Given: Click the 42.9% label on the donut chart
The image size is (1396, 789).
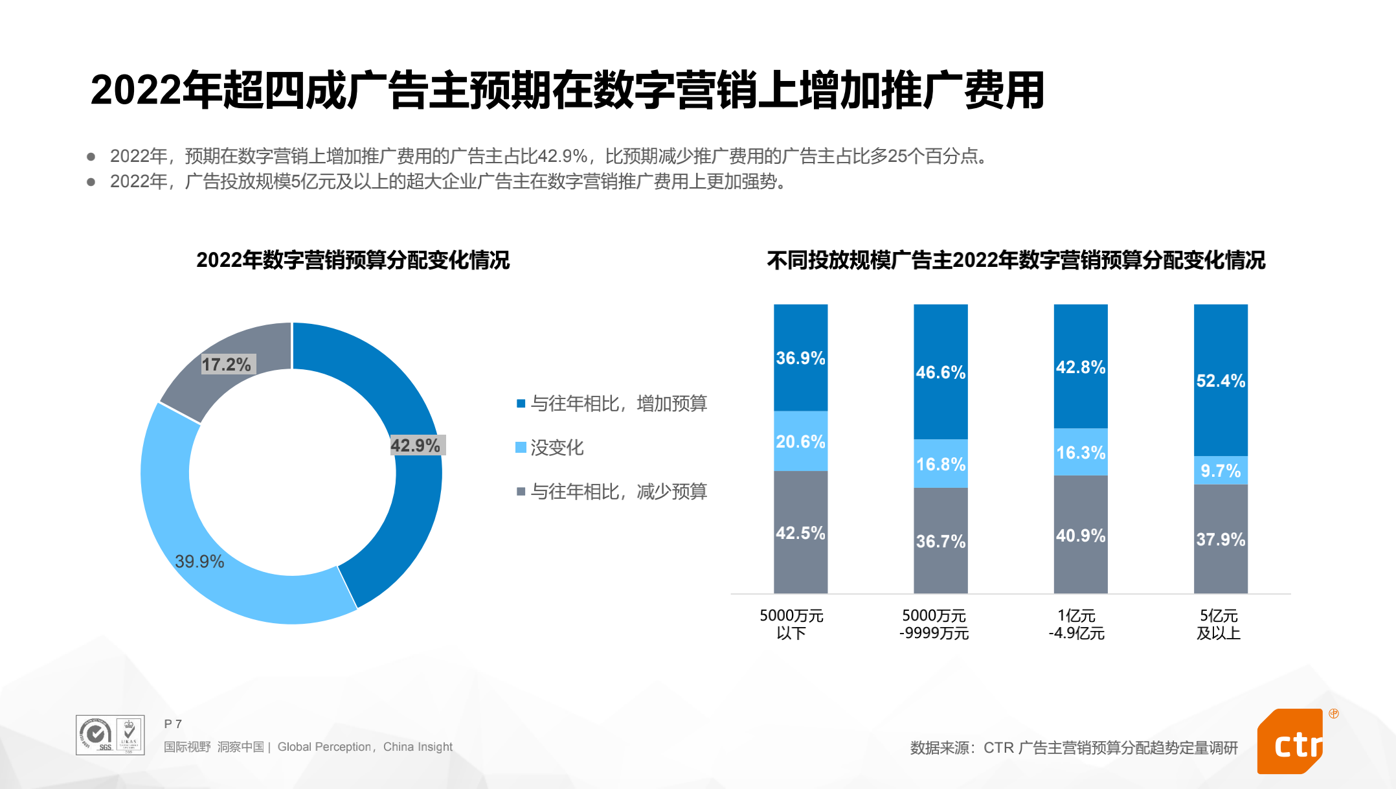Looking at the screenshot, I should (416, 446).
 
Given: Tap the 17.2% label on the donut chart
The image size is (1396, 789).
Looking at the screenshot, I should (226, 364).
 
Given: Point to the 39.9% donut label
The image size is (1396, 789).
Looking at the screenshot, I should (199, 561).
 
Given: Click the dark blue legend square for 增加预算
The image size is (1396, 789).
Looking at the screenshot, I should (521, 404).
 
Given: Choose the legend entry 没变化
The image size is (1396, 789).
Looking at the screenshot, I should (556, 448).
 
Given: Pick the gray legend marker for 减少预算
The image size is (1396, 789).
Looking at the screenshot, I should (521, 492).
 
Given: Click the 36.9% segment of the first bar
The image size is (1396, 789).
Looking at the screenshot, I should (800, 358).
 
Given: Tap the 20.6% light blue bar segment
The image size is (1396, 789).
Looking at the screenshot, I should (800, 441).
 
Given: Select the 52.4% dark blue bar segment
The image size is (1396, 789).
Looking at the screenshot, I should (1221, 380).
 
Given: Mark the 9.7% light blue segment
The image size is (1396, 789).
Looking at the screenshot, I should (1221, 470).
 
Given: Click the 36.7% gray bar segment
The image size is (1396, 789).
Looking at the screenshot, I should (940, 541).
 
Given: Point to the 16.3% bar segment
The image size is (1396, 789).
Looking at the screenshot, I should (1081, 452).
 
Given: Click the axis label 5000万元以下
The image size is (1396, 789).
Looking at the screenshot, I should (791, 624).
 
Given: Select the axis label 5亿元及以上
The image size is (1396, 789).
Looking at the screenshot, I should (1219, 624).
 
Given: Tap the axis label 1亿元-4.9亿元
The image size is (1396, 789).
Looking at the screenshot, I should (1076, 624).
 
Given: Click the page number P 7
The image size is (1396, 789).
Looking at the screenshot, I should (173, 724).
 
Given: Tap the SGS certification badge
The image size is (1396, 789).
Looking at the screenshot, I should (96, 735).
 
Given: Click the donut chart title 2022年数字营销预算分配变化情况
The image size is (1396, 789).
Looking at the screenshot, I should (353, 260).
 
